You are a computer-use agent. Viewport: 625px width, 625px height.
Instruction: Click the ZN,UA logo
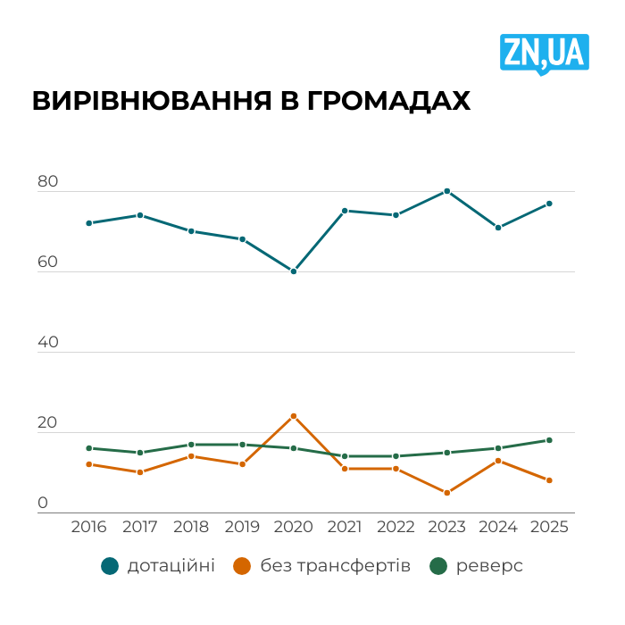543,53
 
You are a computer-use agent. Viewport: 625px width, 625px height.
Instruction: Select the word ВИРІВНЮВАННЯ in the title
151,101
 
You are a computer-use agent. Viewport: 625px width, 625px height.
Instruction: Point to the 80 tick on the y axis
47,182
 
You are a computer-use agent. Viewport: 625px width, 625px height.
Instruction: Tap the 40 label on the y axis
47,343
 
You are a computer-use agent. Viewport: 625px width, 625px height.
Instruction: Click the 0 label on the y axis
43,504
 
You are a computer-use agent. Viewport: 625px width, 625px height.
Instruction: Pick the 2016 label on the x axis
88,527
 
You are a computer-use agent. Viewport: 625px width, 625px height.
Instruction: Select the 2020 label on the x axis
293,527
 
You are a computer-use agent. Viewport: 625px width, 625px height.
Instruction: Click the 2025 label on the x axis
549,527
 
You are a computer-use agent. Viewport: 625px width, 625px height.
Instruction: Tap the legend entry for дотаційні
158,565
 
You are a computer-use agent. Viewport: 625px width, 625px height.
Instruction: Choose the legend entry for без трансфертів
321,565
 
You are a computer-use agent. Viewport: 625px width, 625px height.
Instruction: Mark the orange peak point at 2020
293,416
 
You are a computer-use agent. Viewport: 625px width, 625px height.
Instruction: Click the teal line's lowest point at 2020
293,271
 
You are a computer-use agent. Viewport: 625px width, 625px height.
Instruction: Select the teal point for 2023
446,191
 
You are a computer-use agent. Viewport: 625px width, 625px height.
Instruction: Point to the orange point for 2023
446,493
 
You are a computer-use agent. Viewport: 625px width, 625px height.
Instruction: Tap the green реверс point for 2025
549,440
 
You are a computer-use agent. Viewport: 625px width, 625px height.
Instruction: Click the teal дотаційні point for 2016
88,223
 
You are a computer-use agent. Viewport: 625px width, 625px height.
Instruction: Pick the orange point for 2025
549,480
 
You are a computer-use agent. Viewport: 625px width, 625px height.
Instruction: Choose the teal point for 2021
345,211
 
